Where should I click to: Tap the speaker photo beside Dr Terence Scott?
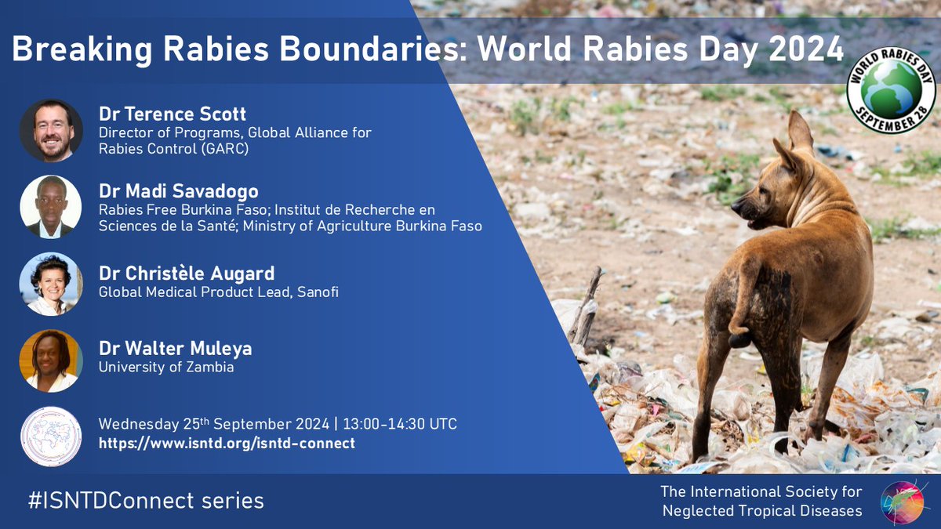click(51, 130)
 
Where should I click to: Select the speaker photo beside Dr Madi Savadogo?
click(51, 206)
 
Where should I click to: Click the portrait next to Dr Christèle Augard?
click(51, 284)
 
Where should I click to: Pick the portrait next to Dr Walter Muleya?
click(51, 361)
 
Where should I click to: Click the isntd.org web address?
click(227, 444)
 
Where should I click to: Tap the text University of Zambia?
click(166, 367)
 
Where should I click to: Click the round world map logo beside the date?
click(51, 436)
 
